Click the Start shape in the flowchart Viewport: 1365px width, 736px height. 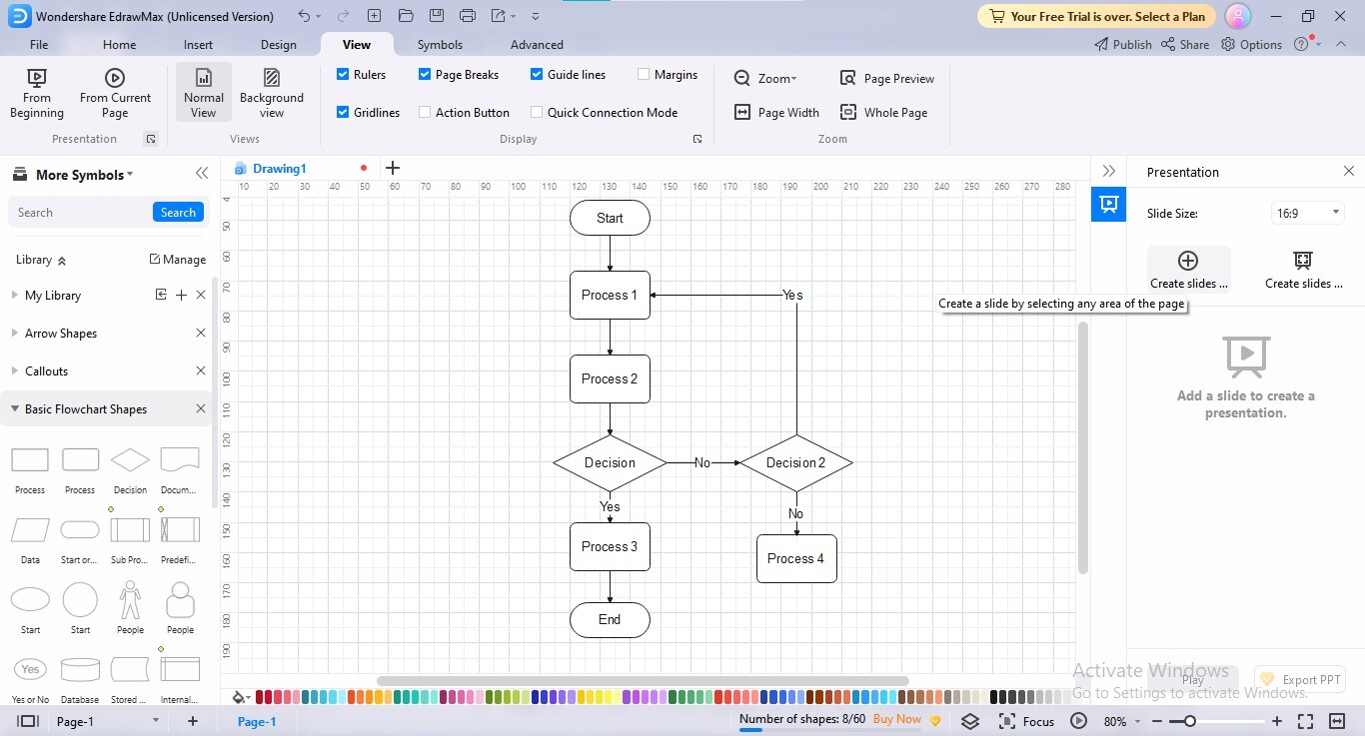click(x=610, y=218)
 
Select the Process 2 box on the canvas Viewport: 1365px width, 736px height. click(x=610, y=378)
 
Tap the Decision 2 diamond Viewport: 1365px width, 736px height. click(x=795, y=462)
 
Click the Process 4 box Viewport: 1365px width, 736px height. click(x=796, y=559)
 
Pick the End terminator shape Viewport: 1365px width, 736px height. click(x=610, y=620)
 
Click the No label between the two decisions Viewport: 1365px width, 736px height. click(x=702, y=462)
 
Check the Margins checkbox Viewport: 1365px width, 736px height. click(x=643, y=74)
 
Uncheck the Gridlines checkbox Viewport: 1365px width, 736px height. click(x=343, y=112)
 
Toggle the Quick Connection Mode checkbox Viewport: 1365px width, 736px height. click(x=537, y=112)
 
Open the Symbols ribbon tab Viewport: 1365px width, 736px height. click(x=440, y=45)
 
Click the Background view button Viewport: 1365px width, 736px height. click(x=271, y=93)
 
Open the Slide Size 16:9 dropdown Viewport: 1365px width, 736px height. click(x=1307, y=213)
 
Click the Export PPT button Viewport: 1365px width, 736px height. click(x=1300, y=679)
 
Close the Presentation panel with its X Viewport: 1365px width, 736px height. click(x=1349, y=171)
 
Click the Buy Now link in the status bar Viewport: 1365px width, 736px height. click(x=896, y=719)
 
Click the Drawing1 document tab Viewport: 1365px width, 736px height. click(x=279, y=169)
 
